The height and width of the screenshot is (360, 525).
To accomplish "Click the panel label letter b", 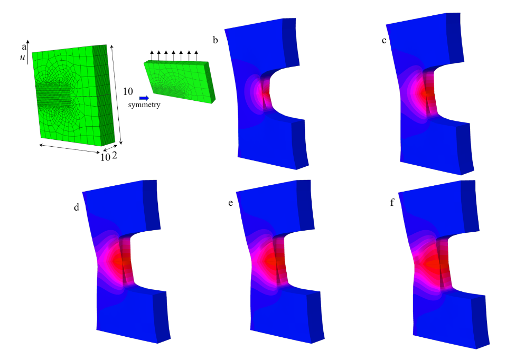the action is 215,40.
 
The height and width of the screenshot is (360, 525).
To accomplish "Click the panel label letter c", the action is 383,41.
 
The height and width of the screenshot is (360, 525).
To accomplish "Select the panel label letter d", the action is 77,207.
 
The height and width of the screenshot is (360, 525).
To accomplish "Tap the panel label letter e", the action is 230,203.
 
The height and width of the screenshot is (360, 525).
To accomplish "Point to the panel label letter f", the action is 392,202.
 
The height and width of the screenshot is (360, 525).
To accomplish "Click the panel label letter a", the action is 24,47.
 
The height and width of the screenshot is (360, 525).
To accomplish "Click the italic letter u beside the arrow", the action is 22,58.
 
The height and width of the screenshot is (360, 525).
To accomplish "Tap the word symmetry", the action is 144,105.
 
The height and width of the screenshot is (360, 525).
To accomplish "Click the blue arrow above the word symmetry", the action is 144,98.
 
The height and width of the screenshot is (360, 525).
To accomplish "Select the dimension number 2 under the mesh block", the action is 115,155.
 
